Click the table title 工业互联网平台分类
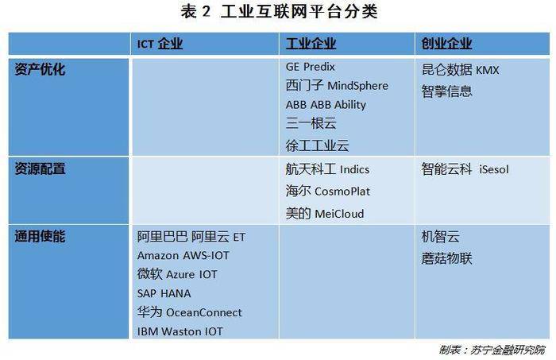(299, 11)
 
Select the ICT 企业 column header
(160, 44)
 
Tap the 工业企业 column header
(311, 44)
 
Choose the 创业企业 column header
(446, 44)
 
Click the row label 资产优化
(40, 69)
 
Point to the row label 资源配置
(40, 168)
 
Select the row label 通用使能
(40, 236)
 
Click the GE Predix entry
(311, 67)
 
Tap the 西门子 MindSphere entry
(337, 86)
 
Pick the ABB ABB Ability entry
(326, 105)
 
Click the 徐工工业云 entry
(318, 145)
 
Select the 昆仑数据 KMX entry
(460, 70)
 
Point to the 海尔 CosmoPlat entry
(327, 192)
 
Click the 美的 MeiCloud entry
(325, 214)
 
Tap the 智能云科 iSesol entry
(465, 169)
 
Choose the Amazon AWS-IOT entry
(183, 255)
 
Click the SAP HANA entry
(164, 293)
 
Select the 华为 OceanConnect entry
(189, 312)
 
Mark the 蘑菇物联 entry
(446, 258)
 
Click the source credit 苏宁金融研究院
(508, 350)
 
